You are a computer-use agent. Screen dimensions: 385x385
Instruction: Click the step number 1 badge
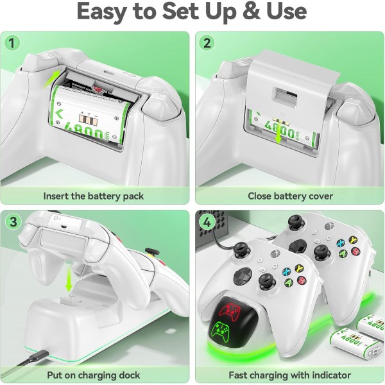(12, 43)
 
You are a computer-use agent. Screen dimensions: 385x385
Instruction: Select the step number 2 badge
(207, 43)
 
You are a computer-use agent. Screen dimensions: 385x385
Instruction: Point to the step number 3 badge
(12, 221)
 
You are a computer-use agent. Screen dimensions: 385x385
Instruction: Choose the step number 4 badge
(207, 221)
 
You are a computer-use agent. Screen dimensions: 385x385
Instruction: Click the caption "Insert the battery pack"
(94, 196)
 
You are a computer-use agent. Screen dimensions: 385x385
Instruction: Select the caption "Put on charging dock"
(94, 374)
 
